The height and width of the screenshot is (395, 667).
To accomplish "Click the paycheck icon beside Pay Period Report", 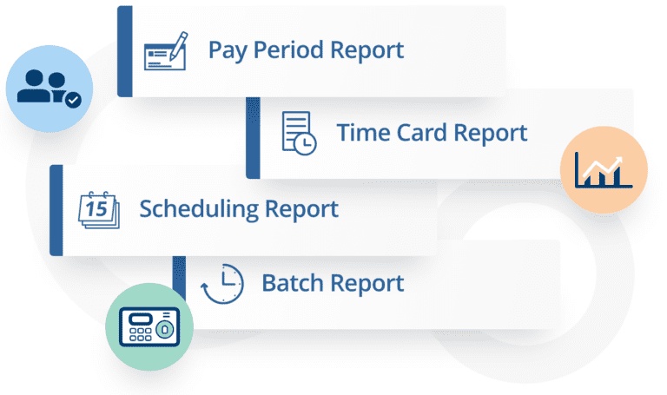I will (x=165, y=50).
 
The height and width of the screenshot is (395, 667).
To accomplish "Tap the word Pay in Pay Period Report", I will (x=225, y=50).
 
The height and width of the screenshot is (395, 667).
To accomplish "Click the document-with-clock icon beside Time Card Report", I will (x=298, y=134).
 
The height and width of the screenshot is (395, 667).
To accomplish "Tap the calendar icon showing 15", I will (x=97, y=209).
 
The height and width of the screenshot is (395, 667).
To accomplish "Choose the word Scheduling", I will (x=200, y=209).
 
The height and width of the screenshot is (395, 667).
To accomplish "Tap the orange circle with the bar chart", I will (x=604, y=168).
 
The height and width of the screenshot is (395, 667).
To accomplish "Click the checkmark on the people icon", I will (x=74, y=101).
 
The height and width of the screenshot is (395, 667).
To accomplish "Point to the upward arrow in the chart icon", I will (x=612, y=162).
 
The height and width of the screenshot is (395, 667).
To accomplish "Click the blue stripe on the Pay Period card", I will (x=124, y=51).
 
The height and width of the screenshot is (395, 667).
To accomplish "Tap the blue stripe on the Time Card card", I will (x=253, y=134).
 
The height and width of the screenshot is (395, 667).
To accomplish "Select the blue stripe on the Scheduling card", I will (x=56, y=210).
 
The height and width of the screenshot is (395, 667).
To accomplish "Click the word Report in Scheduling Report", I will (x=301, y=209).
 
